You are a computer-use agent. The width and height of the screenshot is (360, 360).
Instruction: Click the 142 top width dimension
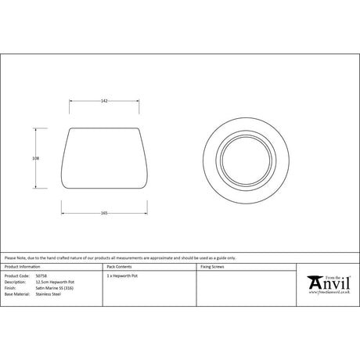click(103, 100)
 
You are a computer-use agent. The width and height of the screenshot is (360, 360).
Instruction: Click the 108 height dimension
click(35, 157)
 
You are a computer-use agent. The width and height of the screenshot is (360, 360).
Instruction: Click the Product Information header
click(21, 267)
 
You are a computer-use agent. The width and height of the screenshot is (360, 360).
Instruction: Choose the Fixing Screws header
click(214, 267)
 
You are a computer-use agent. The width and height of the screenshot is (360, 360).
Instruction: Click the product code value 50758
click(41, 276)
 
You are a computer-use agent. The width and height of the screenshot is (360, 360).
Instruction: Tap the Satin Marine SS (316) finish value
click(55, 289)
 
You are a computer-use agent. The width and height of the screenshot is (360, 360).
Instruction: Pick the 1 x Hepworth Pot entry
click(121, 276)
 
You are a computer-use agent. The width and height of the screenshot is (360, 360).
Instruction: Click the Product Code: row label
click(16, 276)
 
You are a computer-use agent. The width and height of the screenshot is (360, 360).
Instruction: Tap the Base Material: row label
click(17, 295)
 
